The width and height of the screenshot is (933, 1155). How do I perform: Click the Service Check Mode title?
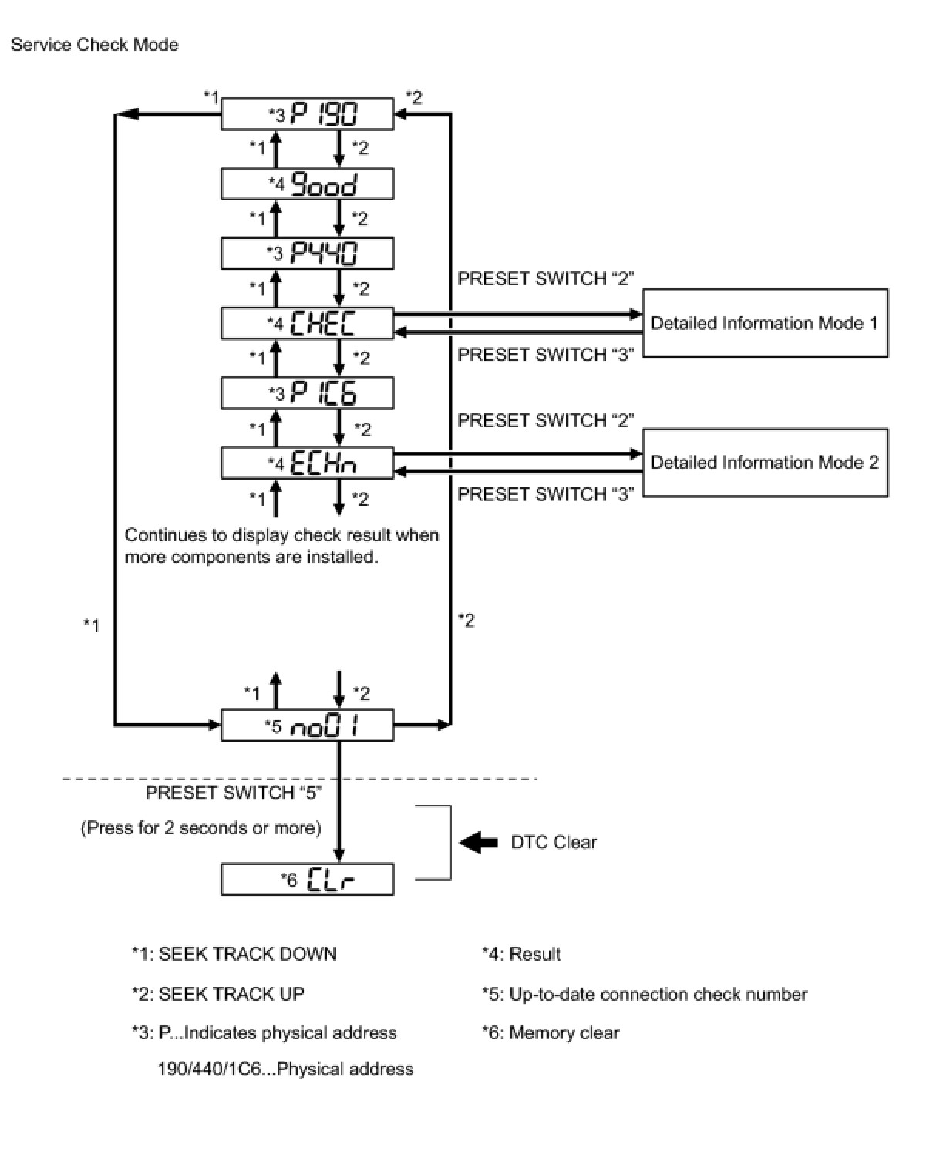click(x=94, y=45)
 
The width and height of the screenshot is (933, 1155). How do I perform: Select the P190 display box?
click(x=307, y=115)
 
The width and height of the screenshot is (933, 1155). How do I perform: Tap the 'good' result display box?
click(x=307, y=184)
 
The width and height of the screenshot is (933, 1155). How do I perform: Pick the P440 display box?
click(x=307, y=254)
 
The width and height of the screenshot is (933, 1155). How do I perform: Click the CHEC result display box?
click(x=307, y=323)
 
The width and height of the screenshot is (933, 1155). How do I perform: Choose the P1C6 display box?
click(x=307, y=393)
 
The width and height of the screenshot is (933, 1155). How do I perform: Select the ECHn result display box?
click(x=307, y=463)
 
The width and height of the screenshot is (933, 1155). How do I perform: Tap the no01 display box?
click(x=307, y=726)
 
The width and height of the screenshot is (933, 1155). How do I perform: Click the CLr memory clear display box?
click(x=307, y=880)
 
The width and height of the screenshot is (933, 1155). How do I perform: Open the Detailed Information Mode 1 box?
click(x=764, y=323)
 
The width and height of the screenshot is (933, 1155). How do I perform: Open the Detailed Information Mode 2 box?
click(x=764, y=463)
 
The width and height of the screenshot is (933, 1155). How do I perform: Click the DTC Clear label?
click(x=554, y=842)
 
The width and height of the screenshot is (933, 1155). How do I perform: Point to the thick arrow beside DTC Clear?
click(x=479, y=842)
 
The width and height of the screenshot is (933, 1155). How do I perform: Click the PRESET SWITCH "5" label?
click(x=234, y=793)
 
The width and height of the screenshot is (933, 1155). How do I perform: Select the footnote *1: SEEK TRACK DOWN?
click(x=234, y=954)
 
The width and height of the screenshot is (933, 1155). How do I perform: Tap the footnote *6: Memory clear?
click(x=551, y=1032)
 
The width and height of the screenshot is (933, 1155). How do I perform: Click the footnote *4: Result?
click(x=521, y=954)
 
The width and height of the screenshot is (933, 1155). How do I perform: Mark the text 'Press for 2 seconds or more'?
click(x=200, y=828)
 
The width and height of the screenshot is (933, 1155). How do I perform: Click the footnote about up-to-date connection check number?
click(x=645, y=994)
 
